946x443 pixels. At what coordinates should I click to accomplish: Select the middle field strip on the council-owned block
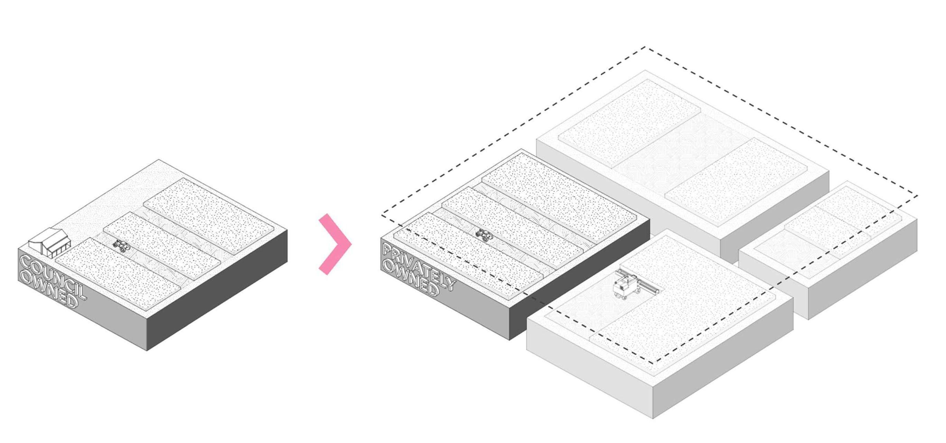tap(162, 241)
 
